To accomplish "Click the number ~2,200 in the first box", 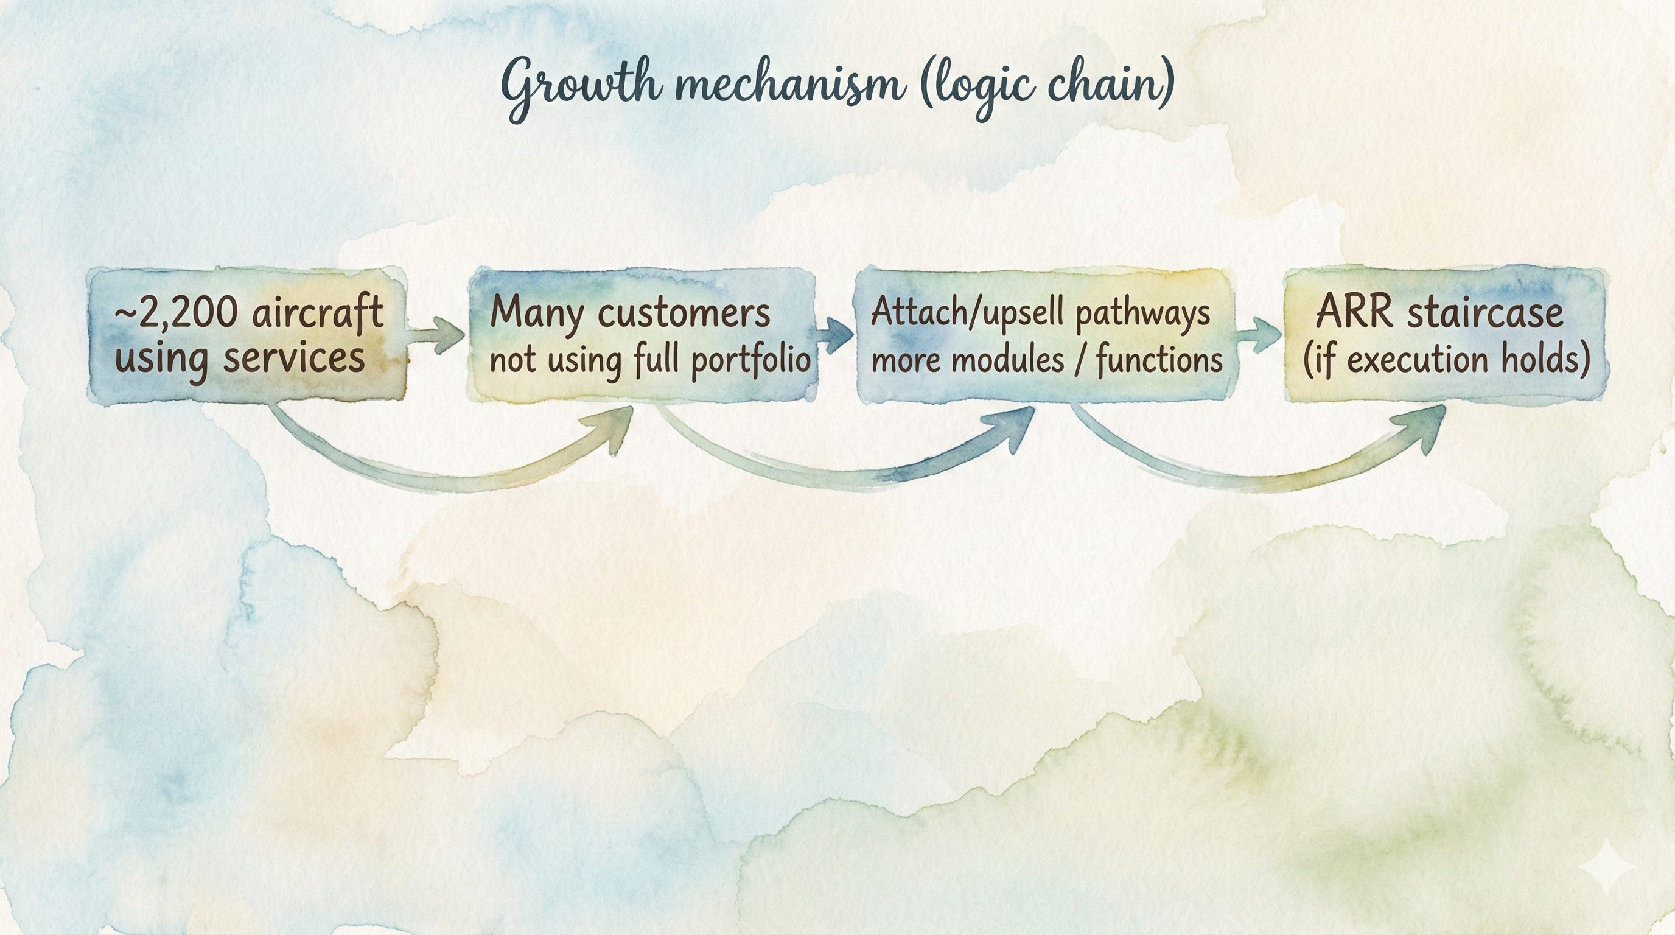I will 175,314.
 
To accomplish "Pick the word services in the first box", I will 294,359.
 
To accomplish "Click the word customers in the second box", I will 683,313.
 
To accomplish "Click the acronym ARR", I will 1354,313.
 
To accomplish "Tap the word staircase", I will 1485,313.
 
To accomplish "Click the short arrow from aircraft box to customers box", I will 437,335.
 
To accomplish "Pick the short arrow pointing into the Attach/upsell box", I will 835,334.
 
